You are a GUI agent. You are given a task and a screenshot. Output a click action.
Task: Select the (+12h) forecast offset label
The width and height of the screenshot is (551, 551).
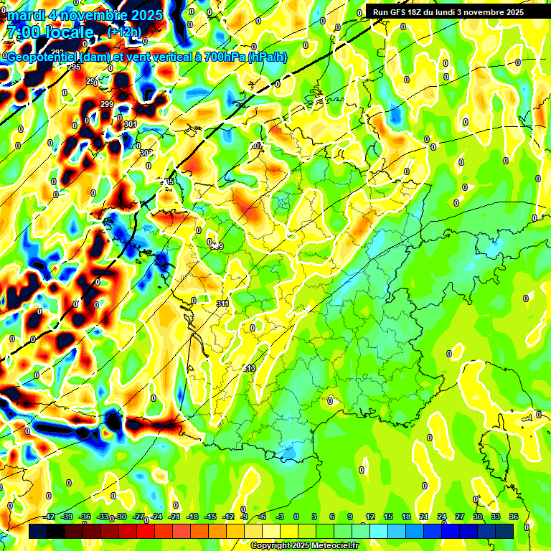[124, 32]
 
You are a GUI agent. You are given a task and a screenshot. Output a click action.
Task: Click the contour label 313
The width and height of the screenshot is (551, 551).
[249, 368]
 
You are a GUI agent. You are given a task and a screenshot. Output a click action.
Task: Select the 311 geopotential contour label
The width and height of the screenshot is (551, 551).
[222, 303]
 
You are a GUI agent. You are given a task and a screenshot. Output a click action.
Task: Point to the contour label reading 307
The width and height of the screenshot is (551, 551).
[257, 146]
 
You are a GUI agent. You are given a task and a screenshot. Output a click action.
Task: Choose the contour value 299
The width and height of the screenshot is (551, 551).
[107, 105]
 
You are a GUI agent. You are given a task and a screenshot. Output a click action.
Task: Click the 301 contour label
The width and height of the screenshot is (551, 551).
[130, 124]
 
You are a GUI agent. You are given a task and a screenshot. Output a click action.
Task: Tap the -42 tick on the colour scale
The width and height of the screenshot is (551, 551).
[50, 517]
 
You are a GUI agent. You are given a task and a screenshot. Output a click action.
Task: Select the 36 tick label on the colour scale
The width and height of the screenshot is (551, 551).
[514, 517]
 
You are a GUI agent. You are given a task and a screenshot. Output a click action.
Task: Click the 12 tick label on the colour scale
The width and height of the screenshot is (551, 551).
[370, 517]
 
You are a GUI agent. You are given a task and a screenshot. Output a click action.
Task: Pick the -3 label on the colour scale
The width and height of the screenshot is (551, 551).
[281, 517]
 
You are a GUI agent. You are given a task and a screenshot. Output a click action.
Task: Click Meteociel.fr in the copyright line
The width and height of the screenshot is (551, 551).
[331, 545]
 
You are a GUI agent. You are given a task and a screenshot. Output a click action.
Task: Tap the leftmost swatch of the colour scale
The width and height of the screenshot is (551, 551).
[38, 531]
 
